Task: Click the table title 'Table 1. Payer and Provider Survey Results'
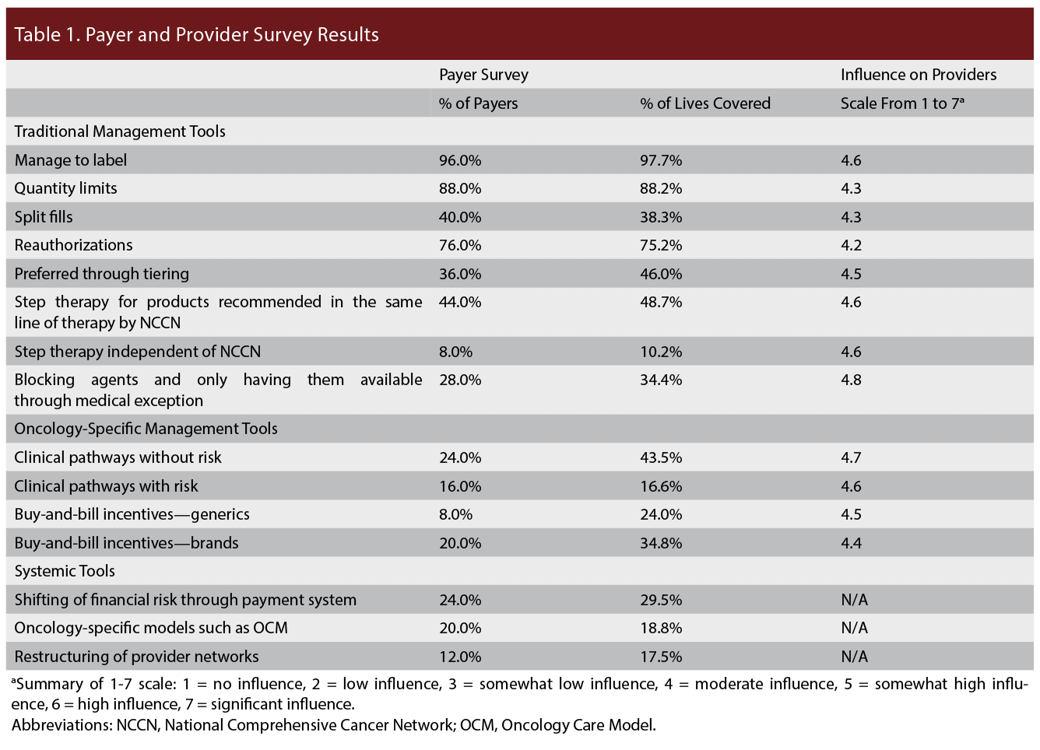[196, 35]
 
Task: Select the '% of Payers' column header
[478, 103]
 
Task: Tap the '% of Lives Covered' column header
[704, 103]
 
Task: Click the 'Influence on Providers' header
[918, 75]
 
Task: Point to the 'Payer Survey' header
[483, 75]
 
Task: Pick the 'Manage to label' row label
[71, 160]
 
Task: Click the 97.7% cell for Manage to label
[661, 160]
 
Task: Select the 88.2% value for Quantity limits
[661, 188]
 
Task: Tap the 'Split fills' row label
[44, 217]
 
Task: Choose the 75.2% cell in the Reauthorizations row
[661, 245]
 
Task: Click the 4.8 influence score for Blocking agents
[851, 380]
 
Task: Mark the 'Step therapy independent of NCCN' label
[138, 352]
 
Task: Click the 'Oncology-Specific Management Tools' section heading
[146, 429]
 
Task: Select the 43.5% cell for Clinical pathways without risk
[661, 457]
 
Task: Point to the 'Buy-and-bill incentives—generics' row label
[132, 514]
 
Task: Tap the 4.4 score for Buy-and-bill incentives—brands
[851, 543]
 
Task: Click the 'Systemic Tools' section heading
[65, 571]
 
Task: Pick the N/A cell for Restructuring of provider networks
[854, 657]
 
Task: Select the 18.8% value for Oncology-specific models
[661, 628]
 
